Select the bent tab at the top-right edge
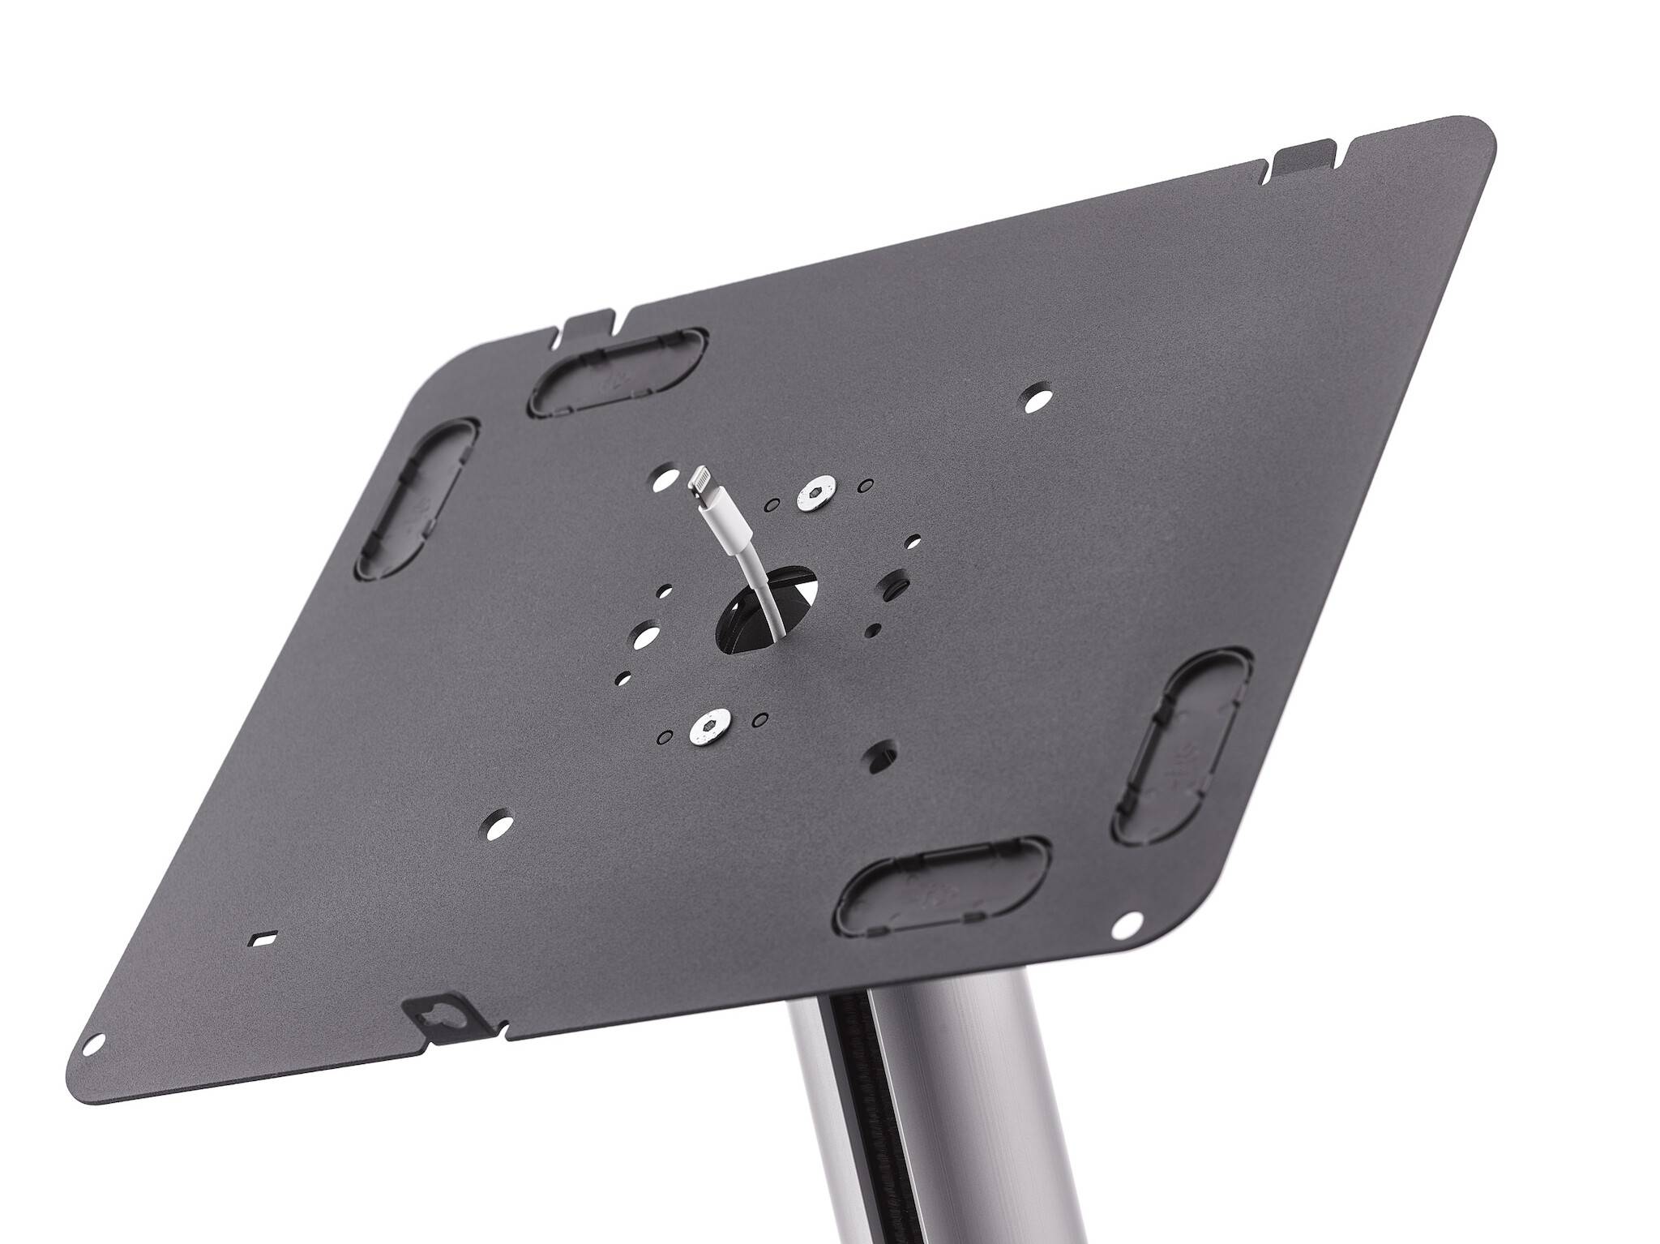point(1304,154)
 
